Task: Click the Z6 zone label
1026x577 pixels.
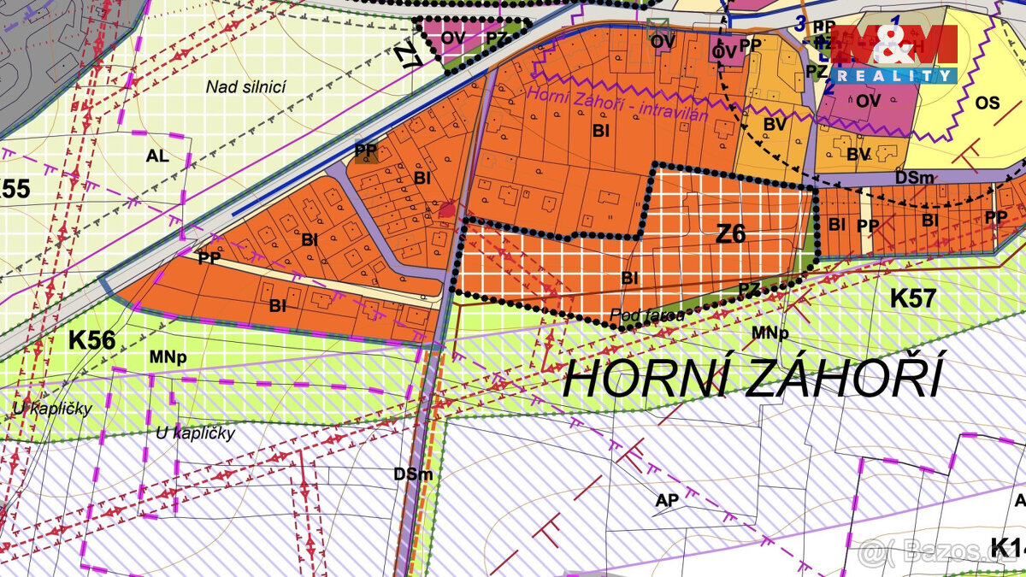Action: [x=730, y=233]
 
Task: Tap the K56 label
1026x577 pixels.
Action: [x=91, y=339]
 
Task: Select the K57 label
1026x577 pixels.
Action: [x=914, y=298]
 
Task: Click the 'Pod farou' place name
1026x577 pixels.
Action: [x=647, y=315]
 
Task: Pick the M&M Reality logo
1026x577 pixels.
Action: [x=893, y=53]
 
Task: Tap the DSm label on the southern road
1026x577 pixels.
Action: [x=413, y=474]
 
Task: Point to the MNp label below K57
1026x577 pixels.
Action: [x=769, y=333]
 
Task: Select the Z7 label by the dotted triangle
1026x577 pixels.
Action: [x=409, y=56]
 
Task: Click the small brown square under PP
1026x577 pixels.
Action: [x=365, y=156]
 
